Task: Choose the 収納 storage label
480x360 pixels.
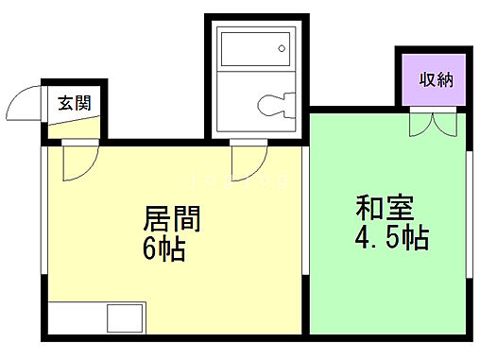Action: [437, 79]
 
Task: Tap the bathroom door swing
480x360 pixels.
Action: [245, 159]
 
